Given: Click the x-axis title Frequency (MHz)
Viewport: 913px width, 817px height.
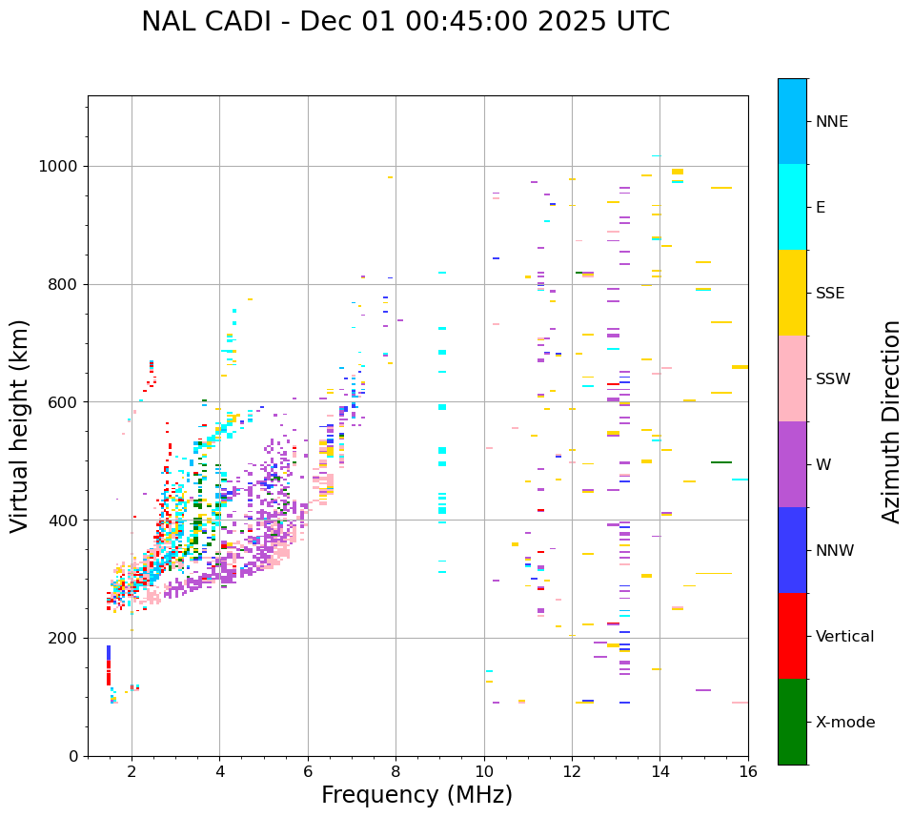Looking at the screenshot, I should pos(416,795).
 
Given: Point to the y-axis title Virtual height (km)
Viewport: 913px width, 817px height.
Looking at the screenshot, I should pos(20,426).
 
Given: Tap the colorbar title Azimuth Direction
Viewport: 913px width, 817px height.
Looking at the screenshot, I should pos(891,421).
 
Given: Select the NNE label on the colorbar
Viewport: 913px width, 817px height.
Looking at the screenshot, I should pos(831,122).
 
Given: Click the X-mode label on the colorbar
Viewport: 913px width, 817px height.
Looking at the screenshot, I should pos(845,723).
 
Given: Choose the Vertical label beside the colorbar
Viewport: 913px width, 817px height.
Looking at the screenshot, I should pos(844,637).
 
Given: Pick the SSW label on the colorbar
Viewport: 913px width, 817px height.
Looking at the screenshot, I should pos(833,379).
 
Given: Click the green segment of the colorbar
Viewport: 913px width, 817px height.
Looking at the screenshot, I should pos(792,722).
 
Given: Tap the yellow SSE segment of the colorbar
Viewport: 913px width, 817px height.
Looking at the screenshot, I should pos(792,293).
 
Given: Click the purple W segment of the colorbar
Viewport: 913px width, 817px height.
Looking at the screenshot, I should pos(792,464).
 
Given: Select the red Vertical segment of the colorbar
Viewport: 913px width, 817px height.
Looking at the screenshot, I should pos(792,636).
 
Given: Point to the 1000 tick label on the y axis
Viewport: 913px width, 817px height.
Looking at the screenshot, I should pos(59,167).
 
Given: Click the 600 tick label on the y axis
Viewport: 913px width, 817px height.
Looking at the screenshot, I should pos(63,402).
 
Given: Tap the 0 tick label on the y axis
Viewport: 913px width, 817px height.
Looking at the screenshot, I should pos(73,756).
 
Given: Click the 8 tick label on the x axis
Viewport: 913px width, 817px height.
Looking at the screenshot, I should pos(396,772).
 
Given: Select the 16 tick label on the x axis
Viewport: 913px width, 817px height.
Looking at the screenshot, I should pos(748,772).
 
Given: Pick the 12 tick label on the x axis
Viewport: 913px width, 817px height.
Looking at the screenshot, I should pos(572,772).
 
